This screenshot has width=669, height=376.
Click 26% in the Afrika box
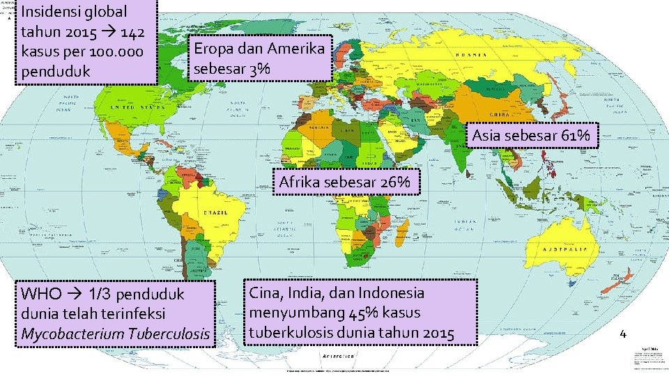pos(398,183)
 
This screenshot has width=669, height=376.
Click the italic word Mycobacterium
pos(71,334)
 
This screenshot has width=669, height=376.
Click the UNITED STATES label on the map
pos(130,109)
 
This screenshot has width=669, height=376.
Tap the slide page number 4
pos(624,334)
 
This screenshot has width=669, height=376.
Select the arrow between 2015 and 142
pos(110,32)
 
